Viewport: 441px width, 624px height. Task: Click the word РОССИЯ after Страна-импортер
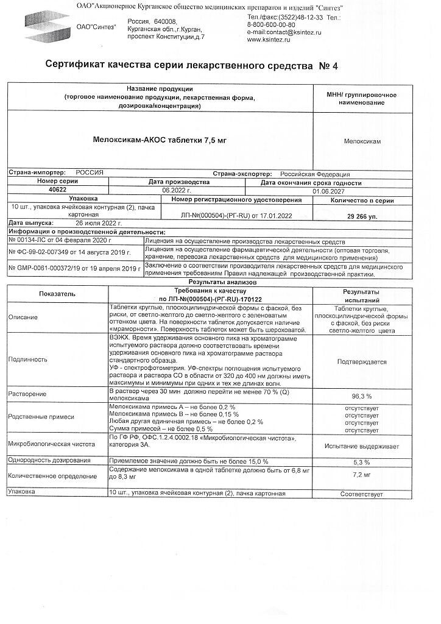[90, 173]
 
